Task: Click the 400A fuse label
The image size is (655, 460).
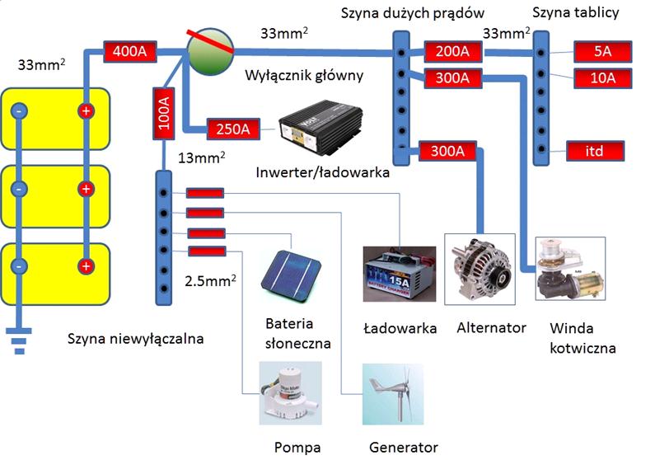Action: (x=129, y=52)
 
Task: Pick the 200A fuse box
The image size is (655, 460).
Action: (x=451, y=52)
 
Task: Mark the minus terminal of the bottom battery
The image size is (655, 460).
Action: (x=19, y=265)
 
